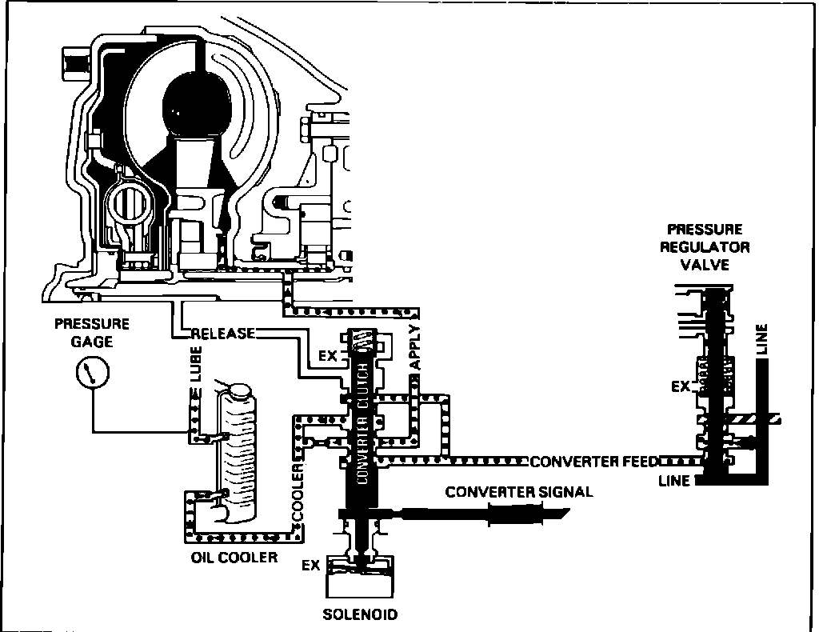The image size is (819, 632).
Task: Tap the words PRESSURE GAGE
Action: coord(91,333)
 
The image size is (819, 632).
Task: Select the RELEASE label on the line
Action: coord(223,334)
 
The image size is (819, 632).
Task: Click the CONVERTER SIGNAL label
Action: coord(519,492)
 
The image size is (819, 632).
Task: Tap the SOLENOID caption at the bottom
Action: coord(360,614)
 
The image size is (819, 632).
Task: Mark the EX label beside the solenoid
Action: coord(311,566)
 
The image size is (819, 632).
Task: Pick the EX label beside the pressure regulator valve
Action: coord(681,387)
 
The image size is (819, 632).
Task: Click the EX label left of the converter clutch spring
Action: coord(329,356)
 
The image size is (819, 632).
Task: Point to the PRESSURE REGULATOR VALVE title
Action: coord(705,246)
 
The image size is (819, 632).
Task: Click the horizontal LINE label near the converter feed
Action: coord(674,481)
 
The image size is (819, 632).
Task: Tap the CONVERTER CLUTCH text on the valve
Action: coord(362,424)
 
